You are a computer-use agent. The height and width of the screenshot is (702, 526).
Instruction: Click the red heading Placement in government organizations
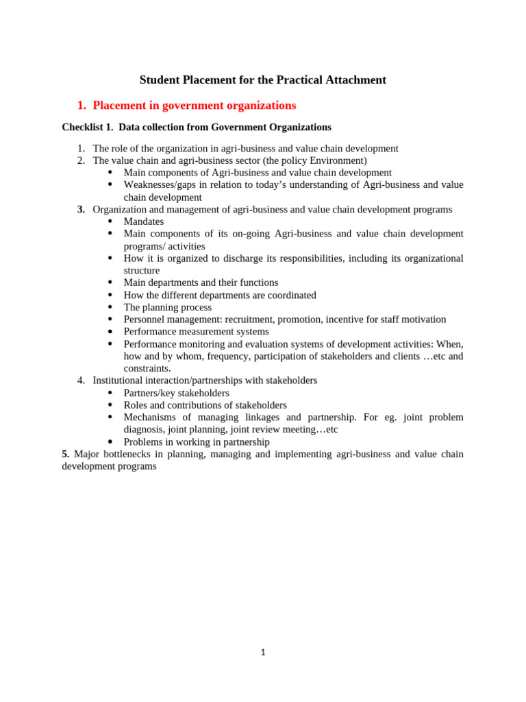(x=194, y=106)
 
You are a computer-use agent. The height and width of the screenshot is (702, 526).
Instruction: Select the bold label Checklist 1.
(x=87, y=128)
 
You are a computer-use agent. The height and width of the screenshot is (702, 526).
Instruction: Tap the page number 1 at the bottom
(x=263, y=653)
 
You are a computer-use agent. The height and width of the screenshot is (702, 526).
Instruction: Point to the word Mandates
(x=144, y=222)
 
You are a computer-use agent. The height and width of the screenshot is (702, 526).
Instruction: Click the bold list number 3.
(x=81, y=210)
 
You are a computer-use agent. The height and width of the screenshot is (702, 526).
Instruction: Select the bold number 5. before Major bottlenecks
(x=66, y=454)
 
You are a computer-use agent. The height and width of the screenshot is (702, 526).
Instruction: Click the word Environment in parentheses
(x=336, y=160)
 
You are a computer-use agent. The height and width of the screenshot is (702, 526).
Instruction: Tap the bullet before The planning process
(x=110, y=307)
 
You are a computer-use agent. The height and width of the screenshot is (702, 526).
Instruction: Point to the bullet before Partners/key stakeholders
(x=110, y=393)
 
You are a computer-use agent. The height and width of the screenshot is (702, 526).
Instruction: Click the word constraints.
(x=147, y=368)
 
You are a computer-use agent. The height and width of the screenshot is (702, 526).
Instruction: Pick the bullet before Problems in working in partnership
(x=110, y=442)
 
